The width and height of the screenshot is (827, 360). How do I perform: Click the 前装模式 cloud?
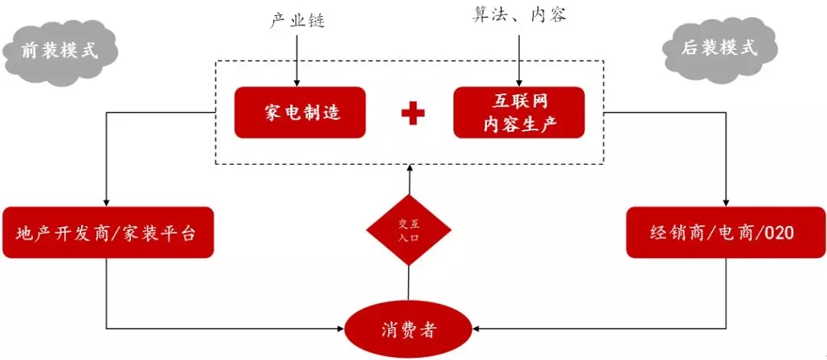tap(60, 51)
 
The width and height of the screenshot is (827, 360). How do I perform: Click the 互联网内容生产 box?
tap(518, 112)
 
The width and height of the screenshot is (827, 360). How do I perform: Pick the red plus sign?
tap(413, 113)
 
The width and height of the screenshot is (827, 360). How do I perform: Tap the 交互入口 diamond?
tap(409, 230)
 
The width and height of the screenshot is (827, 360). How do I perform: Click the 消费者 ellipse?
tap(408, 330)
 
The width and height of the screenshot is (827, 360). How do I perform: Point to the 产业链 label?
tap(297, 21)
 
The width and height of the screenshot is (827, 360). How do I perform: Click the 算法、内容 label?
tap(519, 15)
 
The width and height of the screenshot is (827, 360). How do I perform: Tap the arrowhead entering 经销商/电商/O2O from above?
tap(725, 201)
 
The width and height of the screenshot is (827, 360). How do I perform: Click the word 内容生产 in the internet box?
tap(518, 125)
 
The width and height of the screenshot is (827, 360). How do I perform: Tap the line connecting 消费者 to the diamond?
tap(409, 283)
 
